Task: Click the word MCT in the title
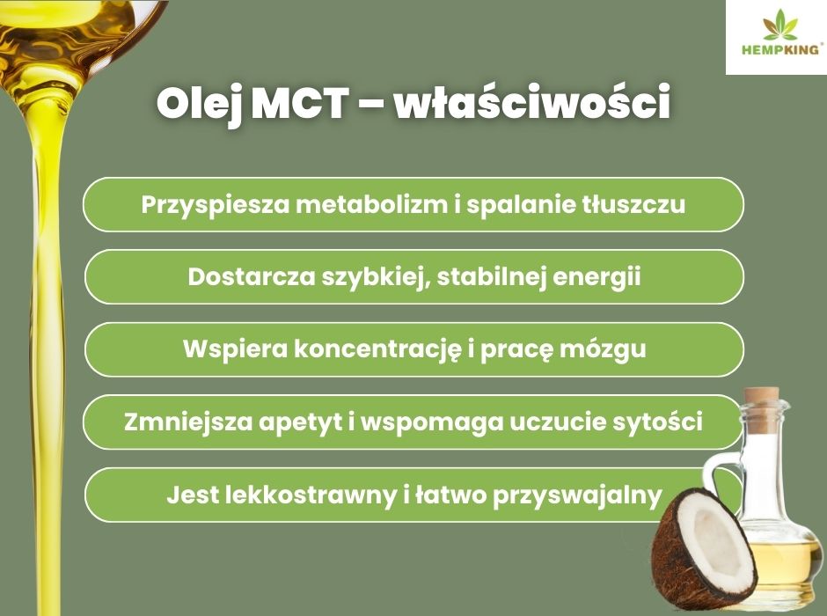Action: pyautogui.click(x=300, y=102)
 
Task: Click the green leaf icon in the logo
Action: pyautogui.click(x=780, y=25)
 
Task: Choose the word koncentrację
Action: pyautogui.click(x=377, y=349)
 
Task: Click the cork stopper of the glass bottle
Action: pyautogui.click(x=762, y=400)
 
